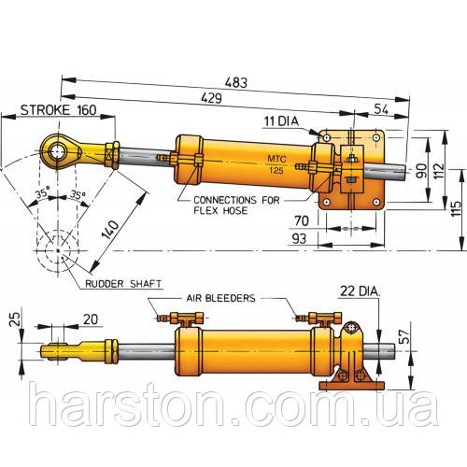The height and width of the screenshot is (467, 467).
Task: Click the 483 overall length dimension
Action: (x=236, y=83)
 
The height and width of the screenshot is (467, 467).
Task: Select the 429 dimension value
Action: (x=212, y=98)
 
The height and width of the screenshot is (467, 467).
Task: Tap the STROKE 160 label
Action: (x=59, y=110)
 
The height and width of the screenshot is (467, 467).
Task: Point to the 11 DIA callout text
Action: (x=281, y=121)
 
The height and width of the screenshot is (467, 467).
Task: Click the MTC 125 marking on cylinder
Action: (x=276, y=164)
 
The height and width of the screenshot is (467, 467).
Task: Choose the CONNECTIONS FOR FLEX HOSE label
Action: (x=236, y=205)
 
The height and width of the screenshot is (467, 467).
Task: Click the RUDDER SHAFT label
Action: (x=123, y=284)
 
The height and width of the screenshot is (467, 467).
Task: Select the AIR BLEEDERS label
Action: (x=220, y=298)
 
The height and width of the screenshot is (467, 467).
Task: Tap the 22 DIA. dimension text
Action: (x=361, y=291)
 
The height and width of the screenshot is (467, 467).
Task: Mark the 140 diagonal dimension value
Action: (x=110, y=230)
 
